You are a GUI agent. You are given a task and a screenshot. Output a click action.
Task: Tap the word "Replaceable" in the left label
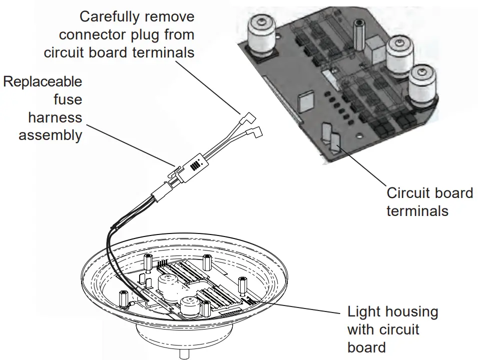(43, 81)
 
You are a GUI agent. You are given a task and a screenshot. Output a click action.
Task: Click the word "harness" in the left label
(55, 117)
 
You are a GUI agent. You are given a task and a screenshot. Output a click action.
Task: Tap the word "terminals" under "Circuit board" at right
(417, 210)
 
